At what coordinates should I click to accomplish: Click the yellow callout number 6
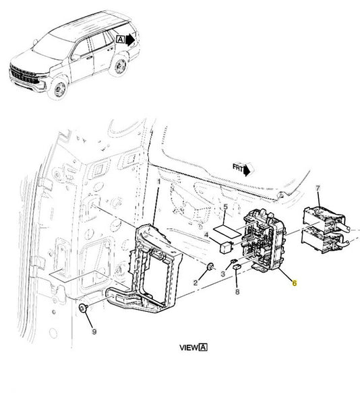coord(295,283)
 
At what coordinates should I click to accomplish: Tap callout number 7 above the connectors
coord(318,189)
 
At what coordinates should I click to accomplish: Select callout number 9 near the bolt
coord(94,331)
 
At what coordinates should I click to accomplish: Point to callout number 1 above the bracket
coord(159,182)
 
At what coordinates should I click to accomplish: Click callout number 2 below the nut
coord(196,283)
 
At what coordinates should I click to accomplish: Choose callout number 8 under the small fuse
coord(237,292)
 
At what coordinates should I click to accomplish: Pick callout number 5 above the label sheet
coord(226,207)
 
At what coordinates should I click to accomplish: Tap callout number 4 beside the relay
coord(206,235)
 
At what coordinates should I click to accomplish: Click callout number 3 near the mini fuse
coord(223,273)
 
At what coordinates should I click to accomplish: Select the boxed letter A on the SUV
coord(120,40)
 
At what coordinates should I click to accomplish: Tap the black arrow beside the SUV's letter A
coord(130,40)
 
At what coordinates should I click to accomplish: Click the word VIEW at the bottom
coord(189,347)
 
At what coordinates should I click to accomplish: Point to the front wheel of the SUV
coord(59,88)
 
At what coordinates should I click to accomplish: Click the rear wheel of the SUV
coord(120,66)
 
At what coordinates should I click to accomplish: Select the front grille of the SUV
coord(24,75)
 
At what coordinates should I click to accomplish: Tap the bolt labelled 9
coord(84,308)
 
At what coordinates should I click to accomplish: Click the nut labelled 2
coord(211,267)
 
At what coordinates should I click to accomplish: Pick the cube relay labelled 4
coord(225,247)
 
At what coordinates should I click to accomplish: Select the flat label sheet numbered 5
coord(227,231)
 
